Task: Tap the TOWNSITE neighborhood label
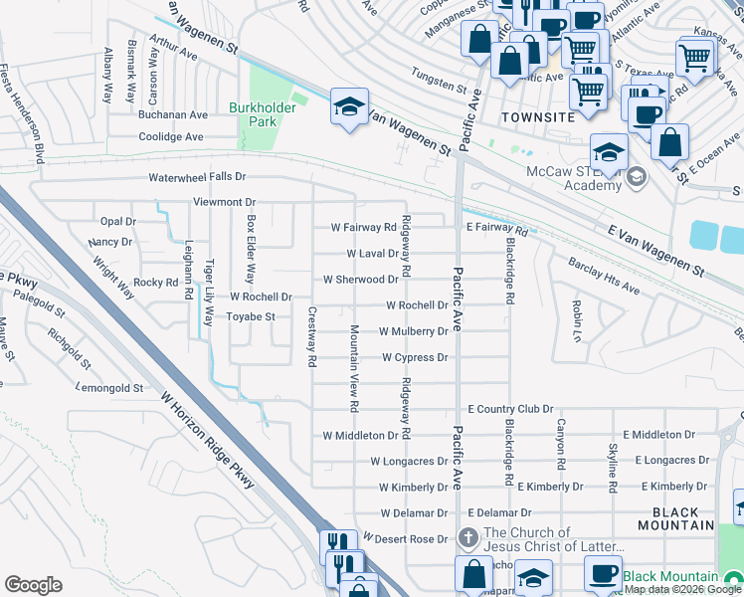point(538,117)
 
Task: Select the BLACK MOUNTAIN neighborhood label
point(675,517)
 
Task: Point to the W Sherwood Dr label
point(360,280)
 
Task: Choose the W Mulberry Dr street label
point(414,331)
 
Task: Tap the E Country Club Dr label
point(510,409)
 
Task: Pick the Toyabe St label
point(250,317)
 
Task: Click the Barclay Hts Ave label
point(604,277)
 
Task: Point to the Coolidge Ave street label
point(171,137)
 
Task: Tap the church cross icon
point(467,538)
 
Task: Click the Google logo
point(33,585)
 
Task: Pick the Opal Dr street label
point(117,221)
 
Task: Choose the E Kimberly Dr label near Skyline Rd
point(673,487)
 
